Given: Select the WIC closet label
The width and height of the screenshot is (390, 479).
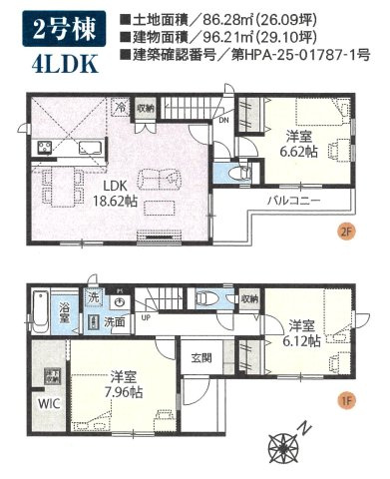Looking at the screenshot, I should tap(48, 404).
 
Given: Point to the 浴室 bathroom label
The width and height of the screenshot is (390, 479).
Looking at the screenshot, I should tap(65, 311).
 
